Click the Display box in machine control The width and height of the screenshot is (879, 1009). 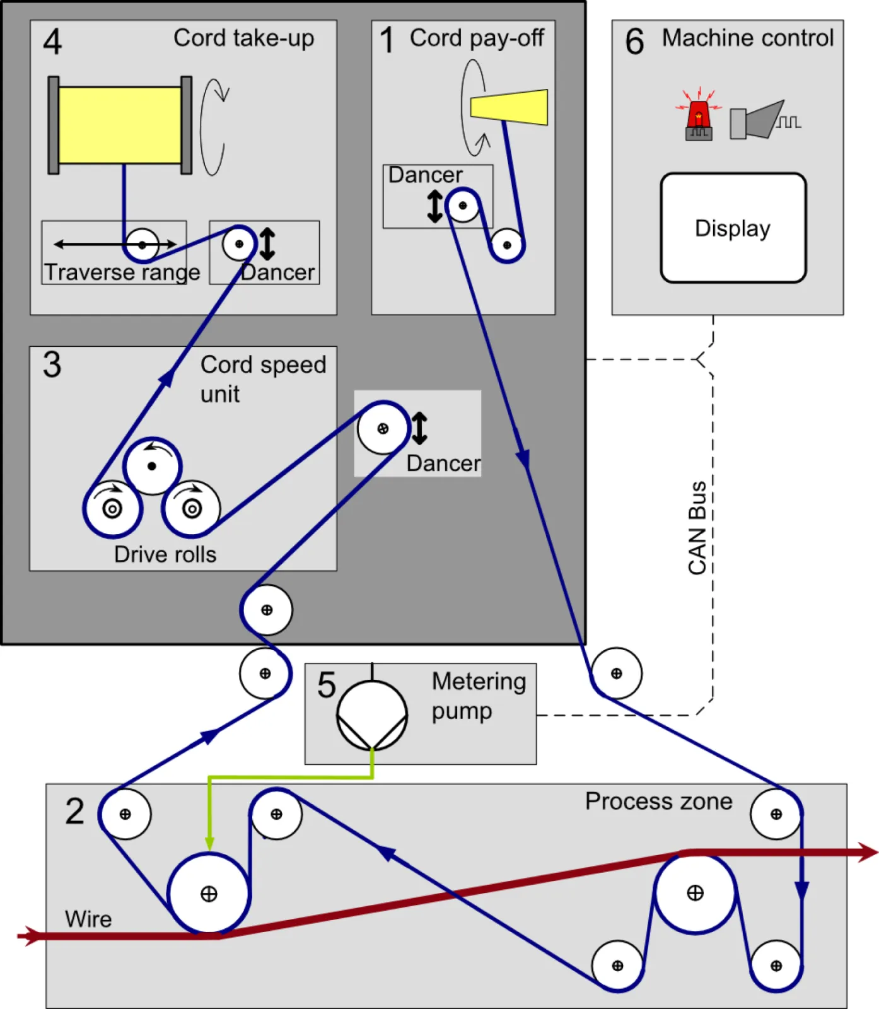[733, 228]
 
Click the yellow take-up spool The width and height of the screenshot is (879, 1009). [120, 125]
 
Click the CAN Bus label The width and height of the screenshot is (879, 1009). [697, 528]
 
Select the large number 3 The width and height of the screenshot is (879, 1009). [52, 365]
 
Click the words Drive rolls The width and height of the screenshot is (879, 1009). [165, 554]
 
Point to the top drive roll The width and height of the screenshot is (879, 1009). [152, 466]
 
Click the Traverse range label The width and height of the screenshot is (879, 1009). [122, 272]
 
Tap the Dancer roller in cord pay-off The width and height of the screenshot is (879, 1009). [463, 206]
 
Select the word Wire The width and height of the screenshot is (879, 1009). [88, 919]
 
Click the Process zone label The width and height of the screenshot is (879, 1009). [658, 801]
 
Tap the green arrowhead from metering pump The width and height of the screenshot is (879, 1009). [209, 843]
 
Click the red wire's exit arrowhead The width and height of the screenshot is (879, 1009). [869, 853]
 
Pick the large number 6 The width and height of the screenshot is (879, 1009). [634, 42]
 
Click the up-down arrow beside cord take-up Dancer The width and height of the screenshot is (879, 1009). [267, 244]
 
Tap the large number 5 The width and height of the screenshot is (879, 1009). [327, 685]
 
